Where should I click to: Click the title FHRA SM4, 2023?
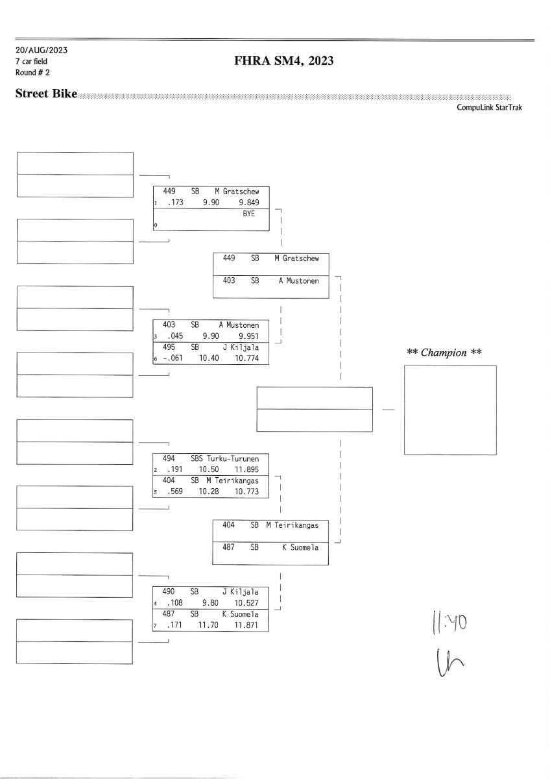[x=283, y=61]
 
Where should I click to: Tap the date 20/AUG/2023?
[x=42, y=50]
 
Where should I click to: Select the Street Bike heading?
[x=46, y=94]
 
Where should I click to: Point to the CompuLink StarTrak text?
[x=489, y=108]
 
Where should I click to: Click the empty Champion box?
[x=449, y=410]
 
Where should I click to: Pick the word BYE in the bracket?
[x=249, y=214]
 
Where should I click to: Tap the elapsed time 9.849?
[x=249, y=203]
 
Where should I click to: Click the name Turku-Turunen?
[x=233, y=458]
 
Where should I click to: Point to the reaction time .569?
[x=174, y=491]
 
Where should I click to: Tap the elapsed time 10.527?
[x=246, y=603]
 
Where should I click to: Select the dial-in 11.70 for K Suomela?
[x=208, y=625]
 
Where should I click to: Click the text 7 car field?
[x=31, y=62]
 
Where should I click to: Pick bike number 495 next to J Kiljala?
[x=169, y=347]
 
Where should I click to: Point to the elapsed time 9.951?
[x=249, y=336]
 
